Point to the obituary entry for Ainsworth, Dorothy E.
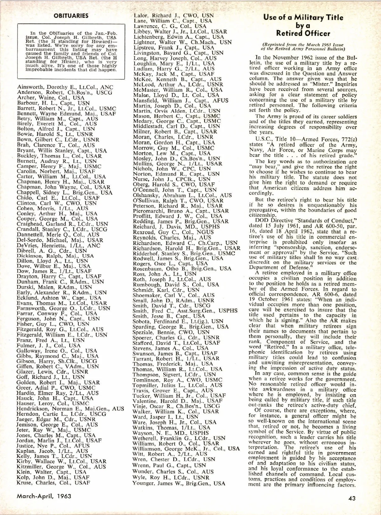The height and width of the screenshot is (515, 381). (x=65, y=87)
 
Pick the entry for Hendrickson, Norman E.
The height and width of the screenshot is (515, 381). (x=70, y=409)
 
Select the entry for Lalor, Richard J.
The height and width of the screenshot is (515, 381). (x=174, y=16)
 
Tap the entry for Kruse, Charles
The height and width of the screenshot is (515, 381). (x=53, y=483)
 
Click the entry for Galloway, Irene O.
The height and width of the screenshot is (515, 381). (x=57, y=351)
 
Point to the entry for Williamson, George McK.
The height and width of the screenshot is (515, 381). (x=186, y=448)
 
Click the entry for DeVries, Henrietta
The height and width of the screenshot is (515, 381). (x=58, y=245)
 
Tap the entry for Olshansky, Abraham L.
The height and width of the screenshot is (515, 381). (x=182, y=195)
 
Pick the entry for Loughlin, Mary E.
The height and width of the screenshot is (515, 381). (x=174, y=63)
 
